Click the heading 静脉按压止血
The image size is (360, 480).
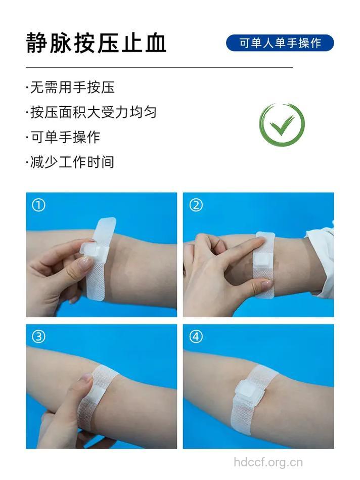[x=96, y=43]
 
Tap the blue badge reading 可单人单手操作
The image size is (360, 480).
[x=280, y=43]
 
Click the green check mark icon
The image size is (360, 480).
[x=282, y=125]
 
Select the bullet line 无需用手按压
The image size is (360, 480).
[x=71, y=88]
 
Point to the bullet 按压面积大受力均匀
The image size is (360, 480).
[x=92, y=112]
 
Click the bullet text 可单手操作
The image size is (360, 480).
[x=64, y=137]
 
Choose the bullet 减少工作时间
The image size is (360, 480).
[x=71, y=162]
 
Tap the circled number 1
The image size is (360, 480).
[x=38, y=205]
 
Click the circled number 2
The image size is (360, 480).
[x=196, y=205]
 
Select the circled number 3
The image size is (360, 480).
[x=38, y=336]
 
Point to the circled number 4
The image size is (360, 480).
[x=196, y=336]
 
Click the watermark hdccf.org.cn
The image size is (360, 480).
[x=268, y=462]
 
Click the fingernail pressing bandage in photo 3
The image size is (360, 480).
[x=86, y=379]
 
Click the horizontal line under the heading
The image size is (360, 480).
[x=159, y=67]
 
